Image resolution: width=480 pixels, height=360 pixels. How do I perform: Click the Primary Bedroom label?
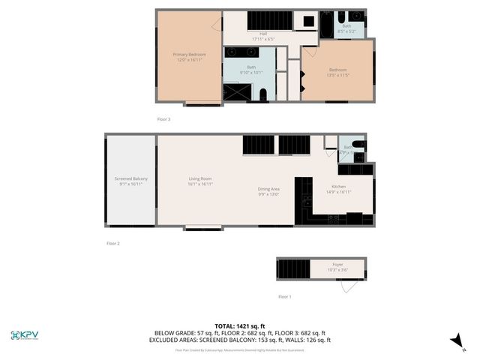[x=189, y=55]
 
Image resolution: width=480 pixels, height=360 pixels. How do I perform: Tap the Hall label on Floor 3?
[x=263, y=34]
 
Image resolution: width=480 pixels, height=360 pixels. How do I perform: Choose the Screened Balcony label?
[x=130, y=178]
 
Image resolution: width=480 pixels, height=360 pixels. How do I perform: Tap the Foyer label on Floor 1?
[x=338, y=265]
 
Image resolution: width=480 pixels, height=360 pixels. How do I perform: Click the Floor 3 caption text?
[x=163, y=119]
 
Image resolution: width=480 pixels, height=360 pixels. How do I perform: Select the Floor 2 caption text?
[x=113, y=243]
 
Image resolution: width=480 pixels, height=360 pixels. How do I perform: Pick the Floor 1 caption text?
[x=285, y=297]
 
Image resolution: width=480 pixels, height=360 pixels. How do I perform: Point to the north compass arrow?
[x=454, y=340]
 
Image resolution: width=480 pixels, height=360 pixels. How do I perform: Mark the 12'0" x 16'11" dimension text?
[x=190, y=61]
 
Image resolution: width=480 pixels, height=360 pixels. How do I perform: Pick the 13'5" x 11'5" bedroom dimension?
[x=337, y=76]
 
